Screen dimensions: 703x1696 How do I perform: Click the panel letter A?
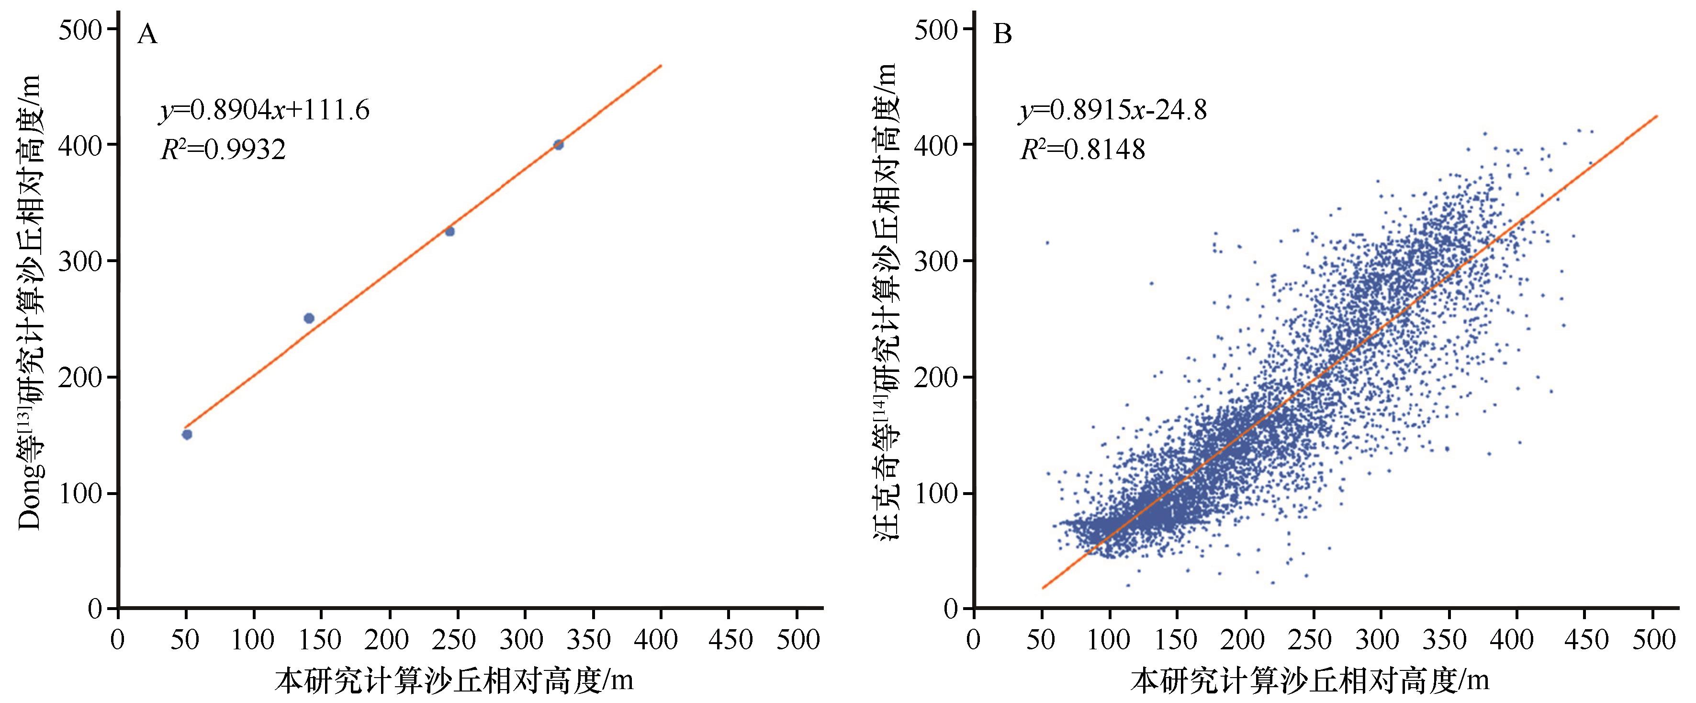[147, 34]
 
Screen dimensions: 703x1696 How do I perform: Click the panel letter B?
[1002, 34]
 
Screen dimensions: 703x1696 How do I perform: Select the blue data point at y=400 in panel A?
[558, 144]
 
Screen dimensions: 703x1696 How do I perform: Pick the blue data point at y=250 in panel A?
[309, 318]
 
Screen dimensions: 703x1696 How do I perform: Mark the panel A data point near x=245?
[449, 231]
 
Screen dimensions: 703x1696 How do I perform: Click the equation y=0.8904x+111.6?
[265, 110]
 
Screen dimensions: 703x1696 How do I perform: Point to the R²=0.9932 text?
[223, 150]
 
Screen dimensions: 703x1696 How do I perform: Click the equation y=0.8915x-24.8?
[1113, 110]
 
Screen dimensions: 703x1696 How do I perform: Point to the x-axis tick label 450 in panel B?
[1584, 640]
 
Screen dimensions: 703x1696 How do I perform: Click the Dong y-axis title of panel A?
[30, 303]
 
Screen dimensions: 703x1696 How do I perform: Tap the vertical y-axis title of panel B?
[886, 303]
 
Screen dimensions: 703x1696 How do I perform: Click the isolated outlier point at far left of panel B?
[1047, 242]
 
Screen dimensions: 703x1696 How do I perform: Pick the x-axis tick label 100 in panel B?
[1110, 640]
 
